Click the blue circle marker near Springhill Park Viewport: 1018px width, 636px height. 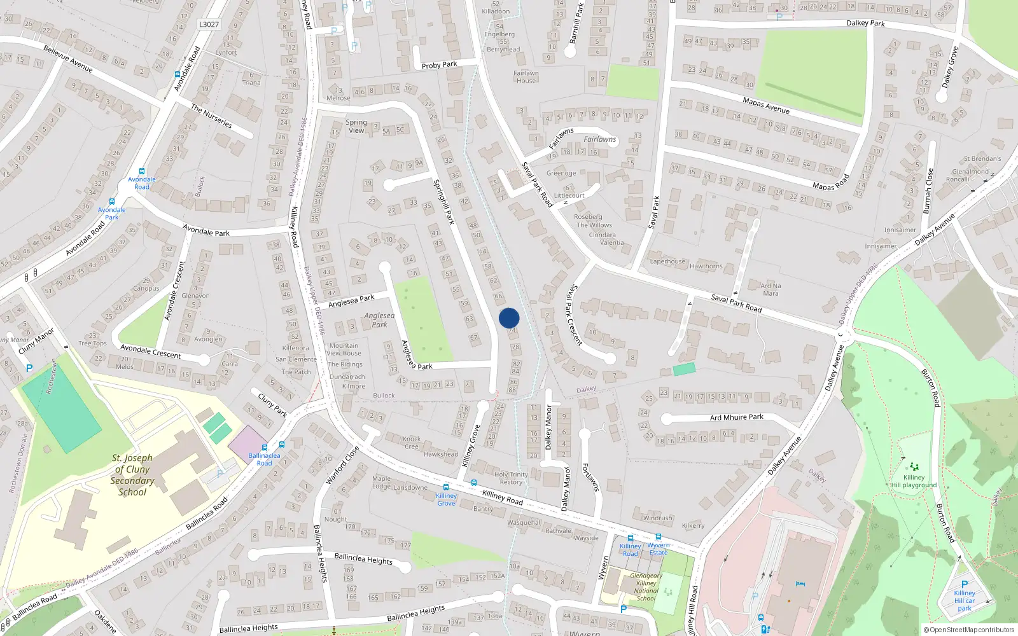[x=509, y=318]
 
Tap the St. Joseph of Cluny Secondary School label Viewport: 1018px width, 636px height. [x=132, y=474]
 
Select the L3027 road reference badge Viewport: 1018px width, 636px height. [x=209, y=24]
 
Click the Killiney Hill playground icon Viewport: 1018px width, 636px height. [x=914, y=467]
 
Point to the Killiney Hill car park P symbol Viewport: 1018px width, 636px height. [x=965, y=584]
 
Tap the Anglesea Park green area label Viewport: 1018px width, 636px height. [x=379, y=320]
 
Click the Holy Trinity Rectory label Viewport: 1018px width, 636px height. [x=511, y=478]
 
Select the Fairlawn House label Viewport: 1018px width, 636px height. [x=526, y=77]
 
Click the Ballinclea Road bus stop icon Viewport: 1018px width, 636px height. [x=282, y=445]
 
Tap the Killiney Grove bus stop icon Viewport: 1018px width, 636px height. [x=445, y=487]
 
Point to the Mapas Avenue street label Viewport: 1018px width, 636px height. [x=766, y=106]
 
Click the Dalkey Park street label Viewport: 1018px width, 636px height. [x=865, y=23]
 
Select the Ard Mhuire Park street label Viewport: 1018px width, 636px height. [x=737, y=417]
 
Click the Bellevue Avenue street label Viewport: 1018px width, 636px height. [x=68, y=59]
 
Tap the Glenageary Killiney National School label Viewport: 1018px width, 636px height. [x=646, y=586]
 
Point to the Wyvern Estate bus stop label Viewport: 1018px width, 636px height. [x=659, y=549]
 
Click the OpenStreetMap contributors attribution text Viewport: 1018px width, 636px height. [x=968, y=630]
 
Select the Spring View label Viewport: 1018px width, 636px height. [x=356, y=126]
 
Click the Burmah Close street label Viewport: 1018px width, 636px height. [x=928, y=190]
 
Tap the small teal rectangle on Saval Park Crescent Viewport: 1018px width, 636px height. [x=684, y=369]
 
